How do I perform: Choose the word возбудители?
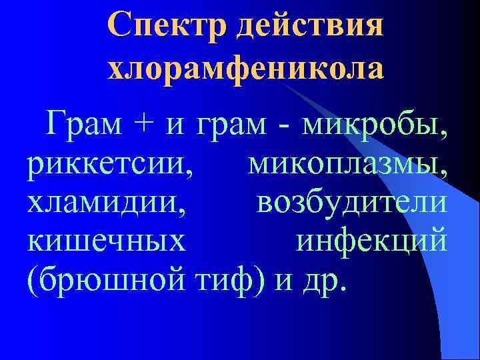[351, 203]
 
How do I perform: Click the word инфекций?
[371, 242]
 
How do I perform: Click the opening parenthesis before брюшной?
[31, 281]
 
